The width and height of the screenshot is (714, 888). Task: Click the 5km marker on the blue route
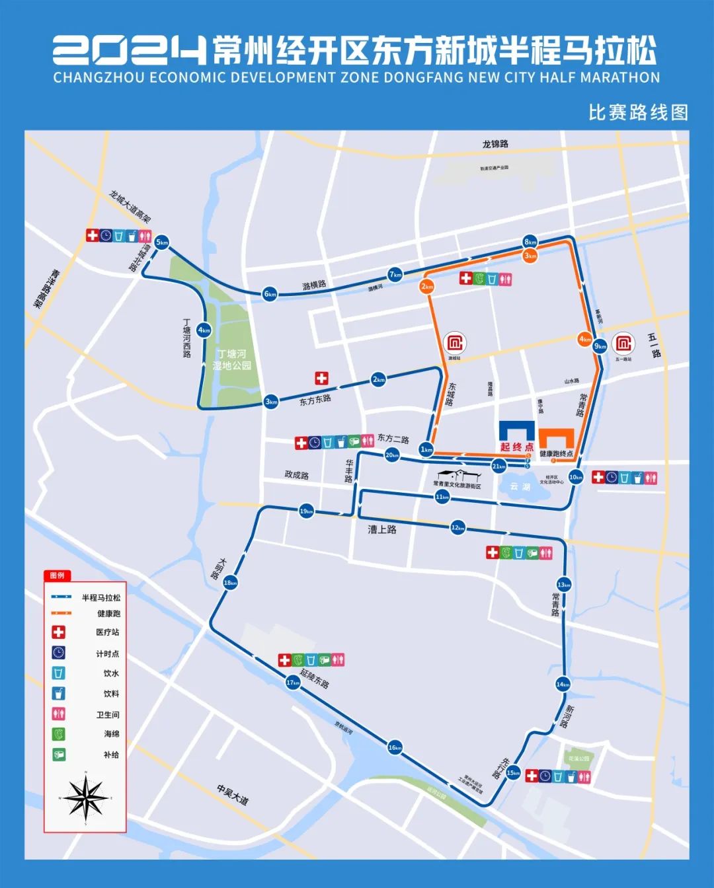(x=162, y=242)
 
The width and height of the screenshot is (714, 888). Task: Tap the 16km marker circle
(x=395, y=747)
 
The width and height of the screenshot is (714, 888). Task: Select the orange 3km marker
(x=530, y=256)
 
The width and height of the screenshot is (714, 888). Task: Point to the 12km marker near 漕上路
(x=457, y=527)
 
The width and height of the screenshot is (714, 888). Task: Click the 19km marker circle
(x=306, y=511)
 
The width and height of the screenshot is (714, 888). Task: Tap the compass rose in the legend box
(x=86, y=797)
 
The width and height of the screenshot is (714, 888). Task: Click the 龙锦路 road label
(x=495, y=144)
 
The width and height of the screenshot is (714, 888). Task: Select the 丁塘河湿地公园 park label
(x=231, y=360)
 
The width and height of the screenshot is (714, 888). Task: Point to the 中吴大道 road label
(x=233, y=795)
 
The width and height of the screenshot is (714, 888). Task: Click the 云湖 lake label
(x=520, y=486)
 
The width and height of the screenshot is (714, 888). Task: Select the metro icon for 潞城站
(x=455, y=344)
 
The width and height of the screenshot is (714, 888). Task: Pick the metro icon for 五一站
(x=623, y=343)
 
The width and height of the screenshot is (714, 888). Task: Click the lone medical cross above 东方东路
(x=321, y=378)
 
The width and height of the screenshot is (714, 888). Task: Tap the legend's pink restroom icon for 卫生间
(x=59, y=714)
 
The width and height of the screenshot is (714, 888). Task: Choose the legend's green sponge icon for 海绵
(x=59, y=734)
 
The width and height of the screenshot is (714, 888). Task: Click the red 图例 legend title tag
(x=58, y=575)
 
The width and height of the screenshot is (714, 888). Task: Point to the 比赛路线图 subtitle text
(x=638, y=112)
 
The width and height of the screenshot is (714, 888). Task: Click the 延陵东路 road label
(x=315, y=678)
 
